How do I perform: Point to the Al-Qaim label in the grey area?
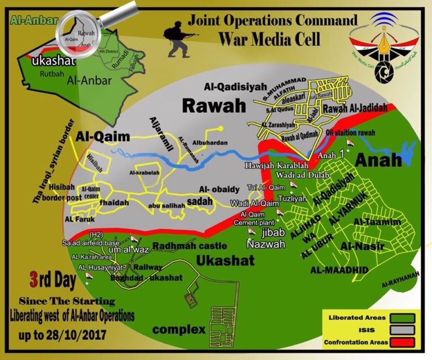pos(107,136)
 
